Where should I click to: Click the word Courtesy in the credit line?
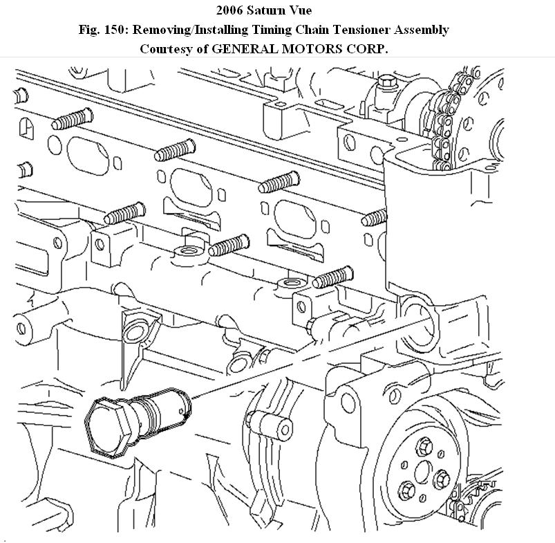pyautogui.click(x=167, y=49)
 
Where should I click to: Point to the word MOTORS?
pyautogui.click(x=307, y=49)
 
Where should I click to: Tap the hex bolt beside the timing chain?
pyautogui.click(x=387, y=86)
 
